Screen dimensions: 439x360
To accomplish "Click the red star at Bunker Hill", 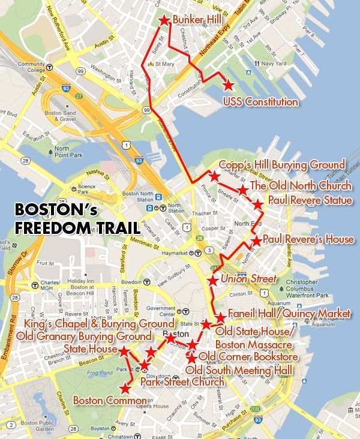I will [164, 21].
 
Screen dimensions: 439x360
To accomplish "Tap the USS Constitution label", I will [260, 102].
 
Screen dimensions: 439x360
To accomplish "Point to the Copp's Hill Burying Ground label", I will [282, 164].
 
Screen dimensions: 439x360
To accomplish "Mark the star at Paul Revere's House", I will [256, 241].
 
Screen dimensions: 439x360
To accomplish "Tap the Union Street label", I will [249, 279].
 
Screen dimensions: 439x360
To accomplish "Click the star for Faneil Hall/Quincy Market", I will [220, 317].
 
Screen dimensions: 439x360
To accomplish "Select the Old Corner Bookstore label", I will [249, 357].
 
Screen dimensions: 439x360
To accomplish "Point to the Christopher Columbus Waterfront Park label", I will [306, 288].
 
